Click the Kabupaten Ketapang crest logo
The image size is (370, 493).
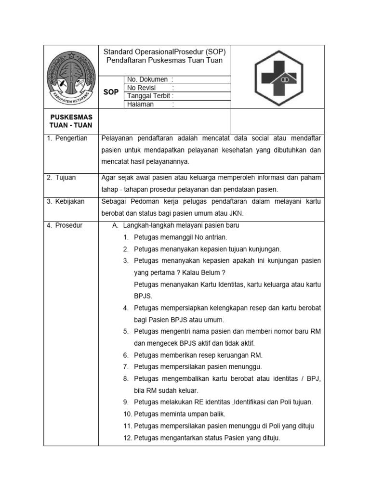71,77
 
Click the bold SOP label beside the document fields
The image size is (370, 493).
111,91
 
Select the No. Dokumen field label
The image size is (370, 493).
147,79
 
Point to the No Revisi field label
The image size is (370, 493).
143,88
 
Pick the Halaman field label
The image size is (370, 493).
141,104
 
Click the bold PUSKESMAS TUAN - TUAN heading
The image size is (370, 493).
71,121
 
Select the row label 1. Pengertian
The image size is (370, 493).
67,138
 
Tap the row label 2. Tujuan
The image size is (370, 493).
62,178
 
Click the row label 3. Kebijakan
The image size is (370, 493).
66,201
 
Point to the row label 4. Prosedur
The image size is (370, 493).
65,225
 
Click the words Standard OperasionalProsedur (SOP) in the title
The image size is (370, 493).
165,52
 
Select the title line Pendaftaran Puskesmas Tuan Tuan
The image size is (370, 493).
165,61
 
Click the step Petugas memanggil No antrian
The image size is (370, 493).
180,237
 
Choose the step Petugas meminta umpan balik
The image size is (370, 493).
179,414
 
